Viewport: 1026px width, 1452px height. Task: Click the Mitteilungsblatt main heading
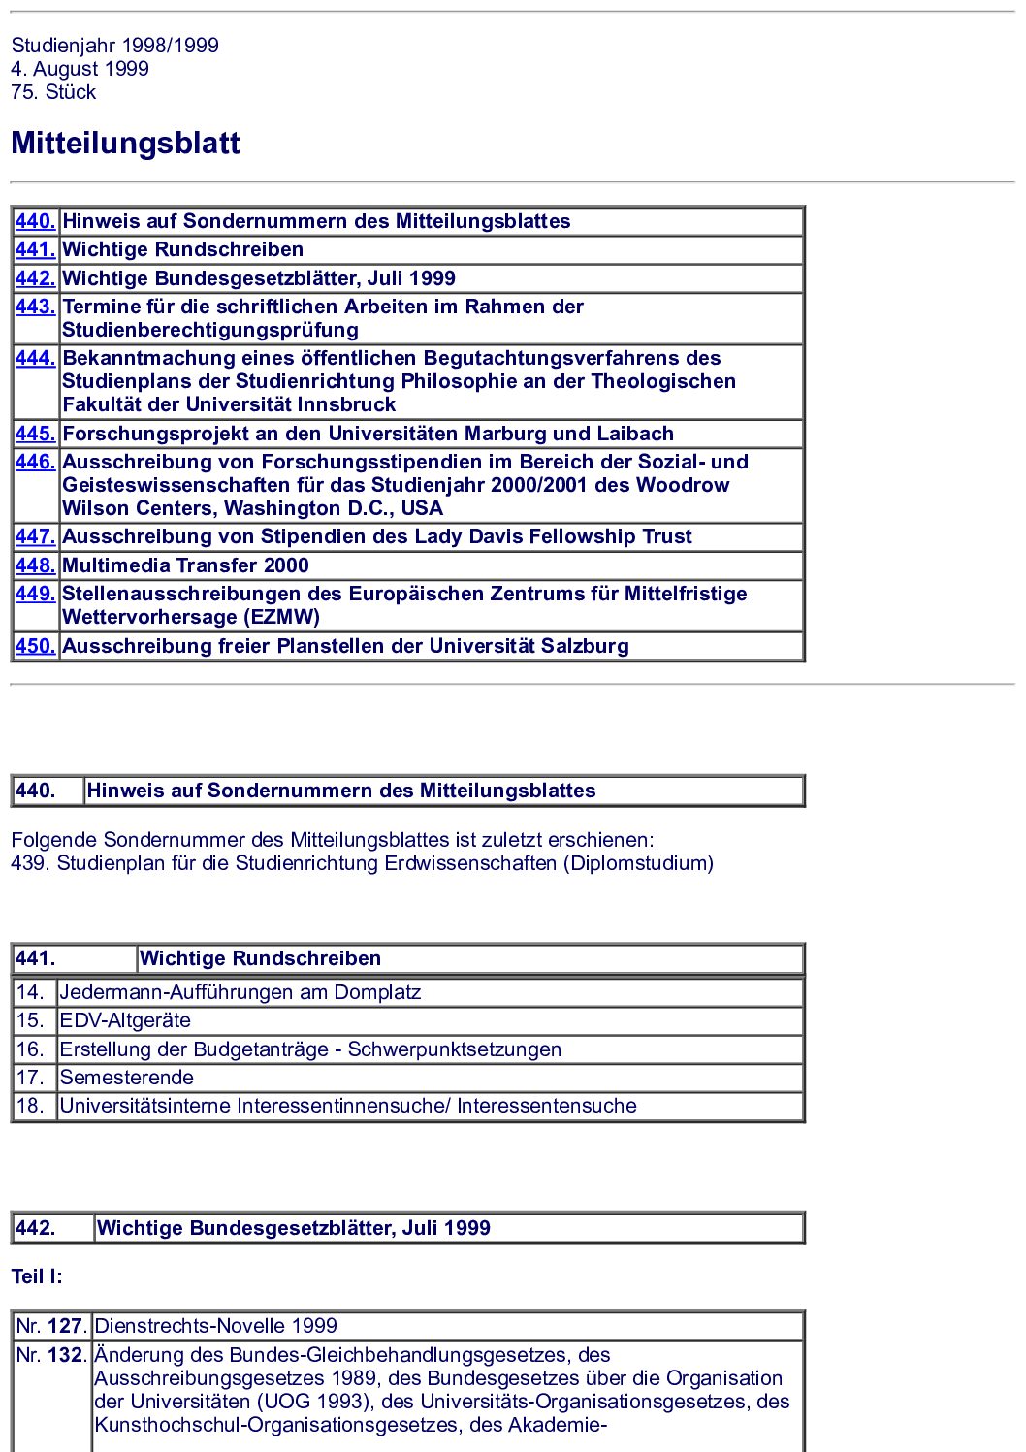[x=125, y=144]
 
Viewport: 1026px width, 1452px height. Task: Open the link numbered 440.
[x=35, y=221]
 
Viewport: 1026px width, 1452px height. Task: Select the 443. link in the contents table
[x=35, y=307]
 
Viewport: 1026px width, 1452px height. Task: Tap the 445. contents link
[x=35, y=434]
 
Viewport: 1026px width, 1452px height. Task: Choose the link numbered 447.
[x=35, y=536]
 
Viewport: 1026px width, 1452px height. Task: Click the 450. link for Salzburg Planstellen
[x=35, y=646]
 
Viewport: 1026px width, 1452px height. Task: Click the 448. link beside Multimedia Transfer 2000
[x=35, y=565]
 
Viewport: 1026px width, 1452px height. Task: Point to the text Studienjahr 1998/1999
[x=114, y=46]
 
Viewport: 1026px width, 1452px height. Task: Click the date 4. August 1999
[x=80, y=69]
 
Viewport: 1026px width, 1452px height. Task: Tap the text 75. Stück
[x=53, y=92]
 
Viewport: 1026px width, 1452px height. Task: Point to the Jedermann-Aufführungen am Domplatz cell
[x=240, y=992]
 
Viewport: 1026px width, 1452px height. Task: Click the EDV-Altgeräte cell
[x=125, y=1020]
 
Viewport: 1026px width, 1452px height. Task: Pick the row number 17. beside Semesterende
[x=30, y=1078]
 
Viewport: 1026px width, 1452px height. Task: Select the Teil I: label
[x=37, y=1276]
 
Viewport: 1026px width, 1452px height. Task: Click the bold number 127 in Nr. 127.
[x=65, y=1326]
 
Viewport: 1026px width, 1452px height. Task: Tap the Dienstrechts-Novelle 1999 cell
[x=215, y=1326]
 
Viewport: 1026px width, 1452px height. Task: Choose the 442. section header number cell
[x=36, y=1228]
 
